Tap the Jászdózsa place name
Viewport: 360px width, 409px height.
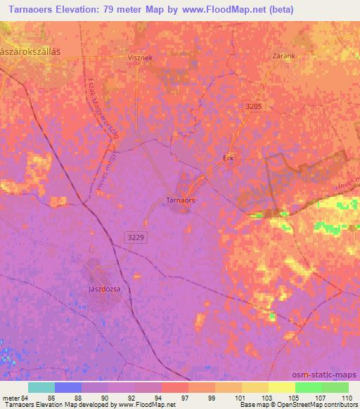(96, 289)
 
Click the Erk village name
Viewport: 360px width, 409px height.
(228, 157)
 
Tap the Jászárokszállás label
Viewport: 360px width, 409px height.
(32, 52)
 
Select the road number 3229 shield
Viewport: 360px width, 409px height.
(138, 238)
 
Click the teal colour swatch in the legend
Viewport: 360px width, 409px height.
(41, 387)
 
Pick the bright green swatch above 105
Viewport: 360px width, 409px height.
(308, 387)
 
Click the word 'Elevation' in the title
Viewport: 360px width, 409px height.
(77, 10)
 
